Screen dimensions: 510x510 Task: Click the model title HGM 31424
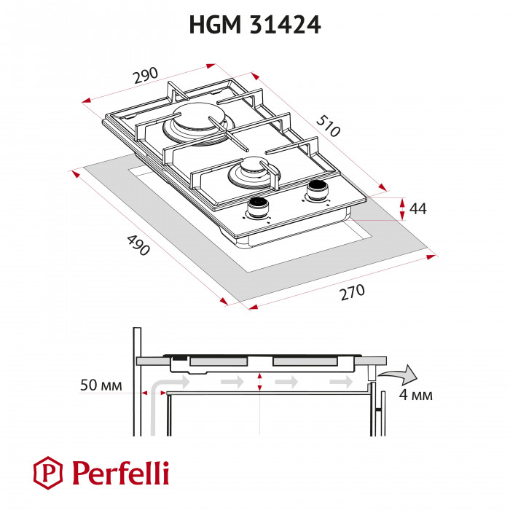coord(255,25)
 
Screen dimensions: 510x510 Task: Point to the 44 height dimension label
coord(417,209)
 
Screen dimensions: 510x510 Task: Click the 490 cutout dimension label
coord(138,244)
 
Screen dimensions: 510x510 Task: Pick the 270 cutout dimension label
coord(351,294)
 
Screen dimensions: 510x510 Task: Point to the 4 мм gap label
coord(417,396)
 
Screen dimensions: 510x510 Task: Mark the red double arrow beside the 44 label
coord(403,208)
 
